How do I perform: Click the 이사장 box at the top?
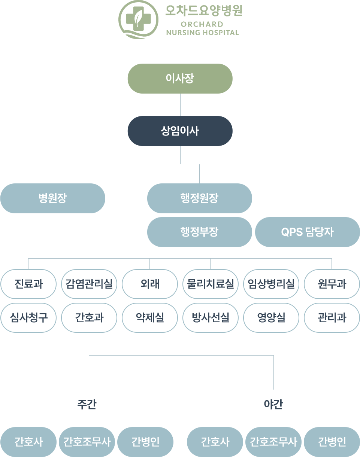180,79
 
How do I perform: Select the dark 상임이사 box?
180,131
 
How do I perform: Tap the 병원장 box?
52,198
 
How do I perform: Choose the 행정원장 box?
199,198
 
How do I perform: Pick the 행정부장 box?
199,232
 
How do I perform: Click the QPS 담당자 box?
307,232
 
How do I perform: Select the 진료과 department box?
28,284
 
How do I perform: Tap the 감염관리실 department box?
89,284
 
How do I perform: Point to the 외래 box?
150,284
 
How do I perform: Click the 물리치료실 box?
211,284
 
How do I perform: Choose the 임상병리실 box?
271,284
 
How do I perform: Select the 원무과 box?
332,284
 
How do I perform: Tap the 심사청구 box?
28,318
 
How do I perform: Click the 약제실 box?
150,318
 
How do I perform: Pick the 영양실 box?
271,318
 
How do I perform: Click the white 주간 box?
87,405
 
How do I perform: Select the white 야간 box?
273,405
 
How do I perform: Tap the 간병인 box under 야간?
332,442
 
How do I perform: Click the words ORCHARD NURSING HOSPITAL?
202,28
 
